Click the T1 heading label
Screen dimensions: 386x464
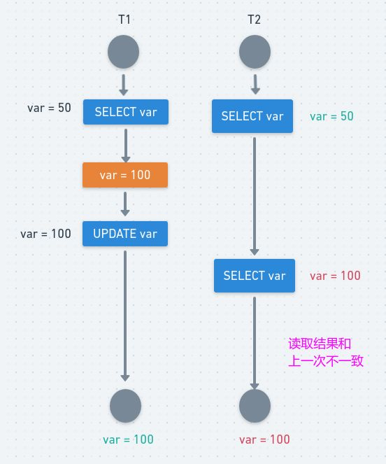tap(124, 20)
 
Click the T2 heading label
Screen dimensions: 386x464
tap(254, 20)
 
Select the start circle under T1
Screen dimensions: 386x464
tap(123, 52)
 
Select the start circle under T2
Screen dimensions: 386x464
tap(255, 52)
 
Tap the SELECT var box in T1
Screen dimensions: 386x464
tap(126, 112)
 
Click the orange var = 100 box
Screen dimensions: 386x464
tap(125, 175)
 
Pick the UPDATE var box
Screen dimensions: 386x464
tap(125, 234)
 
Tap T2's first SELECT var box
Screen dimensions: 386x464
tap(252, 116)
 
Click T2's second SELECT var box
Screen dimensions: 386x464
tap(255, 276)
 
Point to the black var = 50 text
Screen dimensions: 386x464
tap(49, 108)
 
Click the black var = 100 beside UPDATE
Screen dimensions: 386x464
tap(45, 234)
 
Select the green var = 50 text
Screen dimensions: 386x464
tap(331, 116)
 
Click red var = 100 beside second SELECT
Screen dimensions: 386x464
tap(335, 276)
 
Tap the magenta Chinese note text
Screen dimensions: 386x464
tap(326, 353)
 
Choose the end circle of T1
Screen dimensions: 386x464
tap(125, 406)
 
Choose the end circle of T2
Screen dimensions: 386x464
tap(255, 406)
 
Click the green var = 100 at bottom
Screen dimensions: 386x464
tap(128, 440)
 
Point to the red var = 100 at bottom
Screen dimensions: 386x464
tap(264, 440)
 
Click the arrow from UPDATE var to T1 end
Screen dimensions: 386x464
tap(125, 316)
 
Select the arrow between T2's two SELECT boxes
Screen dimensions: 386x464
tap(255, 196)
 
